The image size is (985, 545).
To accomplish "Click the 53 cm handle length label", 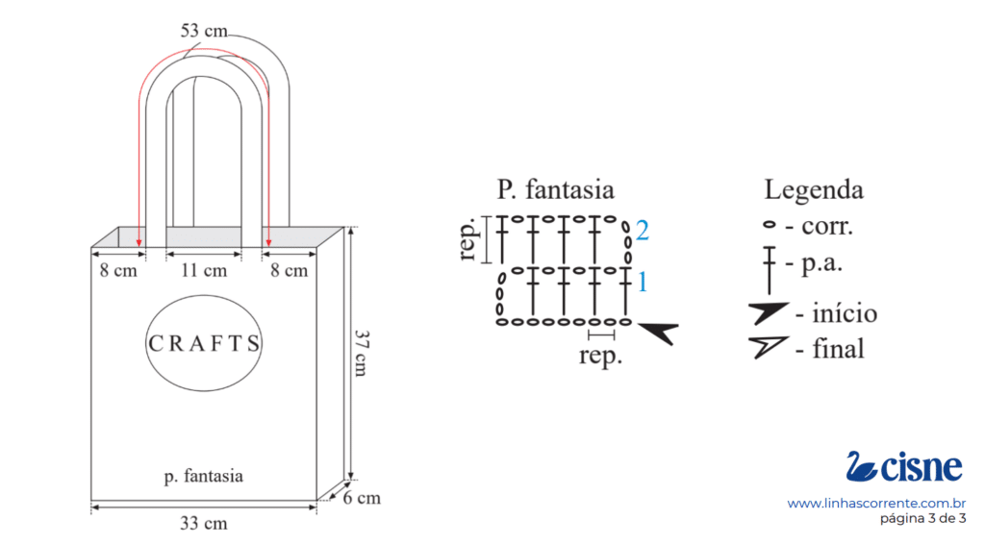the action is [x=204, y=31].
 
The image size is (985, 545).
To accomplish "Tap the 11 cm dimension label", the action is [x=204, y=271].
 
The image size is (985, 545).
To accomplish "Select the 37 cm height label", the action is [x=362, y=353].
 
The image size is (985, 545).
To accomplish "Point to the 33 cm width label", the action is [x=204, y=523].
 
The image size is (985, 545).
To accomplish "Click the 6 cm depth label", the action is [x=362, y=498].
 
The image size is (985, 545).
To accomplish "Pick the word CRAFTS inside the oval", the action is [x=204, y=343].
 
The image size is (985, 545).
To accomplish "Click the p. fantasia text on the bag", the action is [x=204, y=477].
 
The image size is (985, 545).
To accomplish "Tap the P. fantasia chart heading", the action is [x=555, y=189].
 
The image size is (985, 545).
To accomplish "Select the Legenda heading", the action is [x=814, y=190].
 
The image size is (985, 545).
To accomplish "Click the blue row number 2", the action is [x=642, y=231].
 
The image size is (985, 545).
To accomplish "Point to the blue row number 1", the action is [x=642, y=282].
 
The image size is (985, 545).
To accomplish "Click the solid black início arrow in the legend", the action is [x=768, y=312].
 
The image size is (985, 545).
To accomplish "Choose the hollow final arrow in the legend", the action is [x=768, y=347].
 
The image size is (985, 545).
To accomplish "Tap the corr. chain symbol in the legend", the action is [x=769, y=225].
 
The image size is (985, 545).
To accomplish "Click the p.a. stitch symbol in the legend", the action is [x=769, y=270].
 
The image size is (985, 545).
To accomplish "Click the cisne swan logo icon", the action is [x=861, y=466].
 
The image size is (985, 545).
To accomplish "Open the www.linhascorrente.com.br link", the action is [x=876, y=503].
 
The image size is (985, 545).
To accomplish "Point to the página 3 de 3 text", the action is [x=922, y=519].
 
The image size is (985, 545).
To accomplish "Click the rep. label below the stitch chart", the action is [x=600, y=356].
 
